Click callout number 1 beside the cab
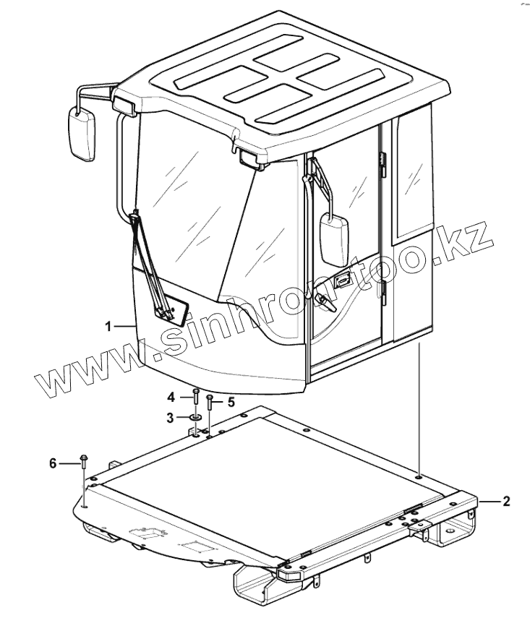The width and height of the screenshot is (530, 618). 108,327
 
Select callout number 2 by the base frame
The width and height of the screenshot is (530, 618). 505,501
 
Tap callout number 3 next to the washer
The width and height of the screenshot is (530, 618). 171,417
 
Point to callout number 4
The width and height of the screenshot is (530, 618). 171,396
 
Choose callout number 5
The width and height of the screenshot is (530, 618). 231,400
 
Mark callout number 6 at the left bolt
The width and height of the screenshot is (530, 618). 53,463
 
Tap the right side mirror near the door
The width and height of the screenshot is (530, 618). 335,240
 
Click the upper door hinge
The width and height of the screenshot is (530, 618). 384,158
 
